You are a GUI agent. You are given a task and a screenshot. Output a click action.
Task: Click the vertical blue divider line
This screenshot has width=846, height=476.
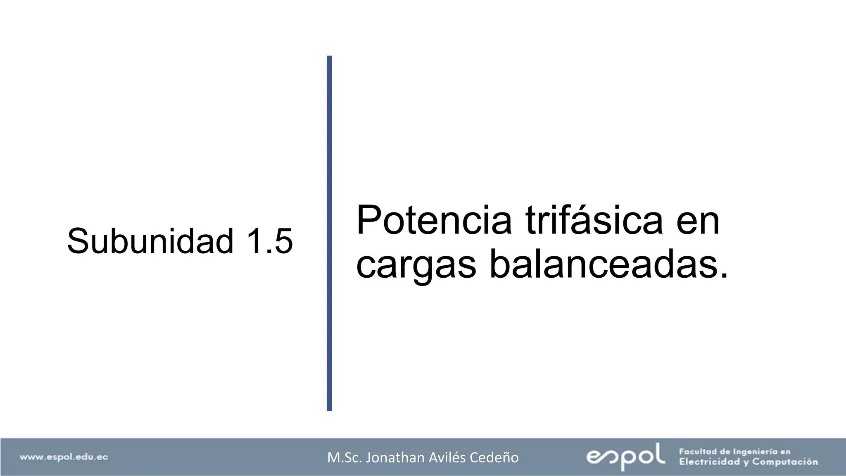click(329, 233)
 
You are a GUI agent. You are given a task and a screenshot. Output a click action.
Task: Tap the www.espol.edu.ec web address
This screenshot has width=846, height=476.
click(64, 457)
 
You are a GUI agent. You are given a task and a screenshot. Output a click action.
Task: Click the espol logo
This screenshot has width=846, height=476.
click(625, 456)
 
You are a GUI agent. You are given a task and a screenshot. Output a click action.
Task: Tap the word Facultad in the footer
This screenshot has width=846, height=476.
click(699, 452)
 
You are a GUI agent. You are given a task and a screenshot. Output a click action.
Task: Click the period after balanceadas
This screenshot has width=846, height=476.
click(723, 275)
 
